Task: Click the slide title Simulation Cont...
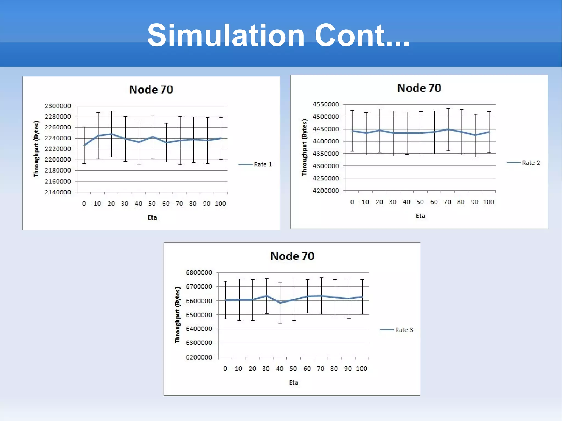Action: (278, 35)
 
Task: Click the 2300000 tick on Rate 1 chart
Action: (58, 106)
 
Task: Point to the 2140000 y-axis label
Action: (58, 192)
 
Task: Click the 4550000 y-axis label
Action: (326, 104)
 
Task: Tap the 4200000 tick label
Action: (326, 191)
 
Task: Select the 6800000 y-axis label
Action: (199, 273)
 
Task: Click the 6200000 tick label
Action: (199, 357)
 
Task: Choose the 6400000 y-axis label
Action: (199, 329)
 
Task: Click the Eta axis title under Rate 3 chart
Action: (293, 383)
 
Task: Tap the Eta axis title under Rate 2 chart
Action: (420, 216)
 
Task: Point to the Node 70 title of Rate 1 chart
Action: (151, 90)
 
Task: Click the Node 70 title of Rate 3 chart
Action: (292, 256)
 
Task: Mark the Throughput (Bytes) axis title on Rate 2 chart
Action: (304, 147)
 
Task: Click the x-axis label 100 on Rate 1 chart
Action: (220, 204)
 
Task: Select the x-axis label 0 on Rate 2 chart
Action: (352, 202)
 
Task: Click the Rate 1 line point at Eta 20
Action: (111, 134)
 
